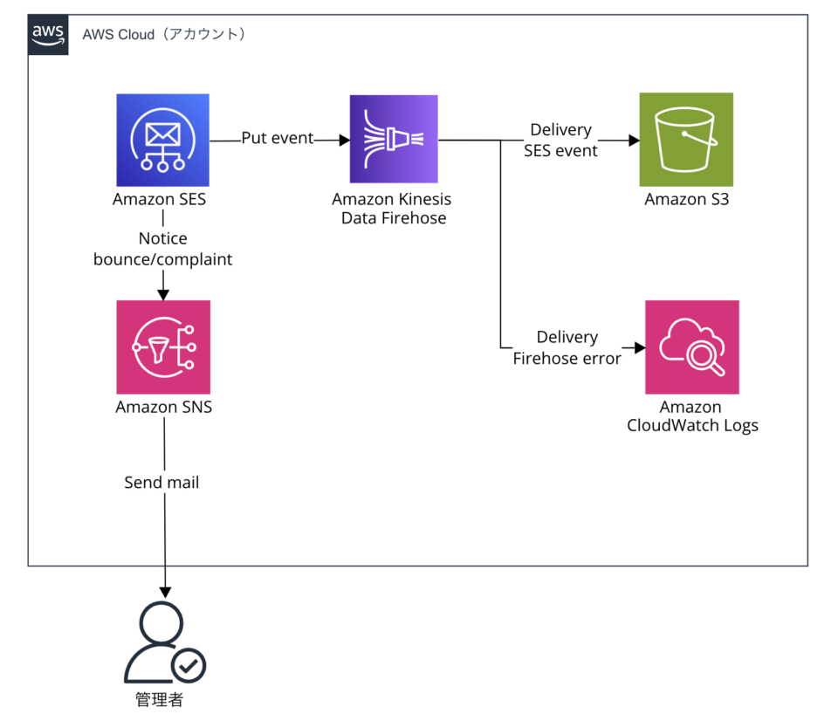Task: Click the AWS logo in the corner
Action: click(47, 34)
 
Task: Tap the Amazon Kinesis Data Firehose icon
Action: click(393, 139)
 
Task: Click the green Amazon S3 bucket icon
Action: click(685, 139)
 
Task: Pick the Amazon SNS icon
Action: click(163, 347)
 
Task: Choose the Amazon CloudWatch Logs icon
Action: click(691, 347)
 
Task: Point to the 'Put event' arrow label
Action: click(278, 139)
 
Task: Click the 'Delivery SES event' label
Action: click(560, 140)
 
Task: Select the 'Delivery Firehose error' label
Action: click(567, 347)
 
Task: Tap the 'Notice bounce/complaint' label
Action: click(163, 249)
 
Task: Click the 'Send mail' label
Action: click(161, 482)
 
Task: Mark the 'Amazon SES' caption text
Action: click(160, 199)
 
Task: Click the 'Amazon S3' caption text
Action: click(686, 199)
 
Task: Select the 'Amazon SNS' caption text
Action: click(163, 407)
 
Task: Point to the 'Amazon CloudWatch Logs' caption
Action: click(691, 416)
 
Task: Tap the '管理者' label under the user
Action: click(160, 699)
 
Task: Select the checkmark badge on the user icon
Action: click(189, 667)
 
